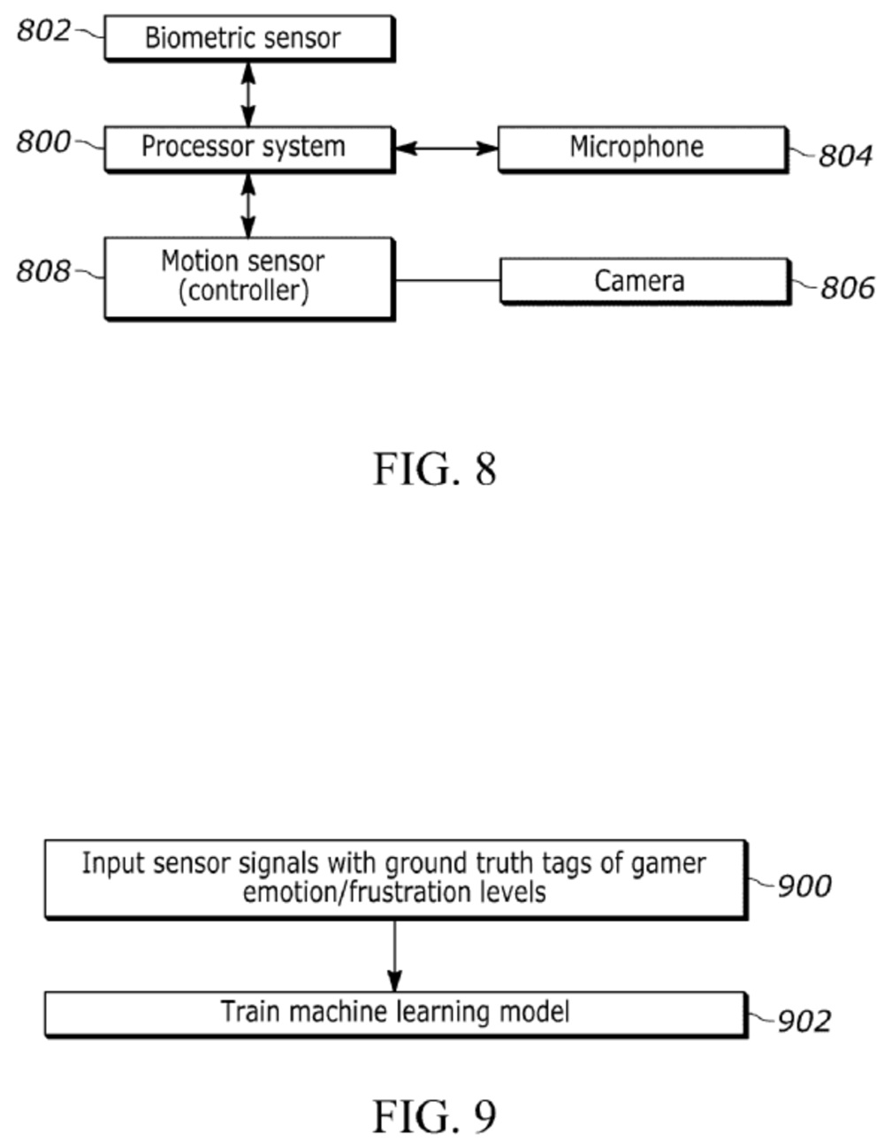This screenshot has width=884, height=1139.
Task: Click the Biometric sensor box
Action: (x=249, y=38)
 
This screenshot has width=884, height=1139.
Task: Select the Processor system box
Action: (x=249, y=148)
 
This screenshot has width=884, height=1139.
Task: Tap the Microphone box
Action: (x=641, y=148)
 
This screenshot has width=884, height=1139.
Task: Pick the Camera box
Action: (x=644, y=281)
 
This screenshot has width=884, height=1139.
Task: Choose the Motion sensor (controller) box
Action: (x=249, y=277)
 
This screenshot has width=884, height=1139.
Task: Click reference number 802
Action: (x=43, y=31)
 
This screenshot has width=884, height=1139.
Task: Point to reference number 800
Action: (x=43, y=141)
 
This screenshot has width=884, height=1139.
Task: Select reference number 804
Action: (x=845, y=156)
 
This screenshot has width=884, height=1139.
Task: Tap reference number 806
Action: (x=847, y=287)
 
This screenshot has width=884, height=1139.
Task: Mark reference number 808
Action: (x=43, y=270)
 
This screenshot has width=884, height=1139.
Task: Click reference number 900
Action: (x=804, y=885)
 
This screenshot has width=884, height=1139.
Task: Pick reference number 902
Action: (x=804, y=1021)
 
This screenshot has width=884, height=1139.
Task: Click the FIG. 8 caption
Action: (x=434, y=468)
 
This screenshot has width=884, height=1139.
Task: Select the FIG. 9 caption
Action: (x=434, y=1116)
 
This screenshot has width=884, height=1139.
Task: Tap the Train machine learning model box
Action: (x=395, y=1013)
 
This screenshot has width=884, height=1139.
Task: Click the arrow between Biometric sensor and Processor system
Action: (x=248, y=94)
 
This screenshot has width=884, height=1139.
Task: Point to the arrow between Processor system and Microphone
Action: (x=446, y=148)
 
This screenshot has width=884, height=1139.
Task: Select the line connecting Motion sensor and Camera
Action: (x=447, y=281)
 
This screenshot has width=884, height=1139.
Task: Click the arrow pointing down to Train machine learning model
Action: (x=394, y=954)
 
